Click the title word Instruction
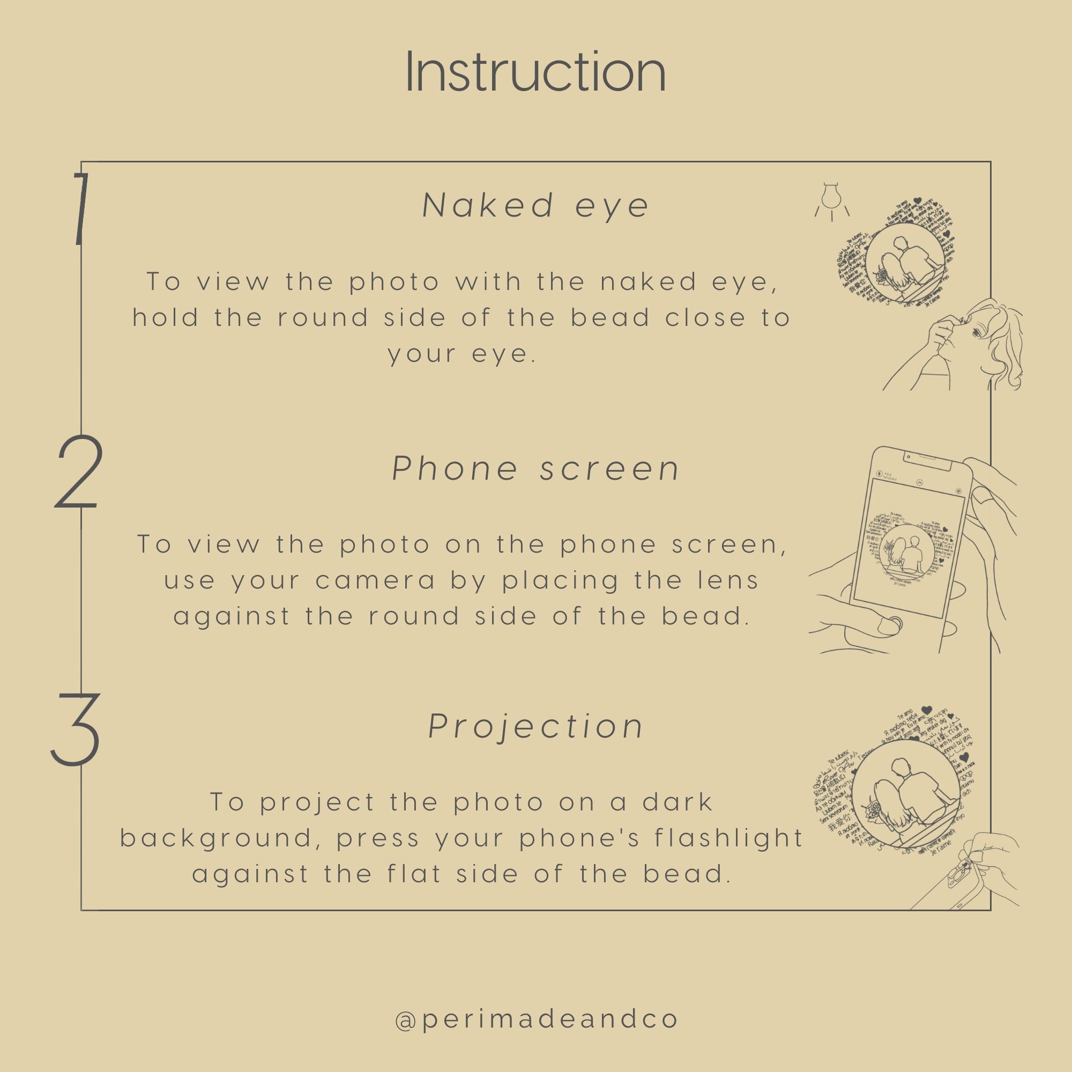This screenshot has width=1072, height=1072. click(x=535, y=72)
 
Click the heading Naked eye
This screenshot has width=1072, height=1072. click(x=535, y=205)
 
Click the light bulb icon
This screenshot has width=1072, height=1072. click(x=832, y=201)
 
